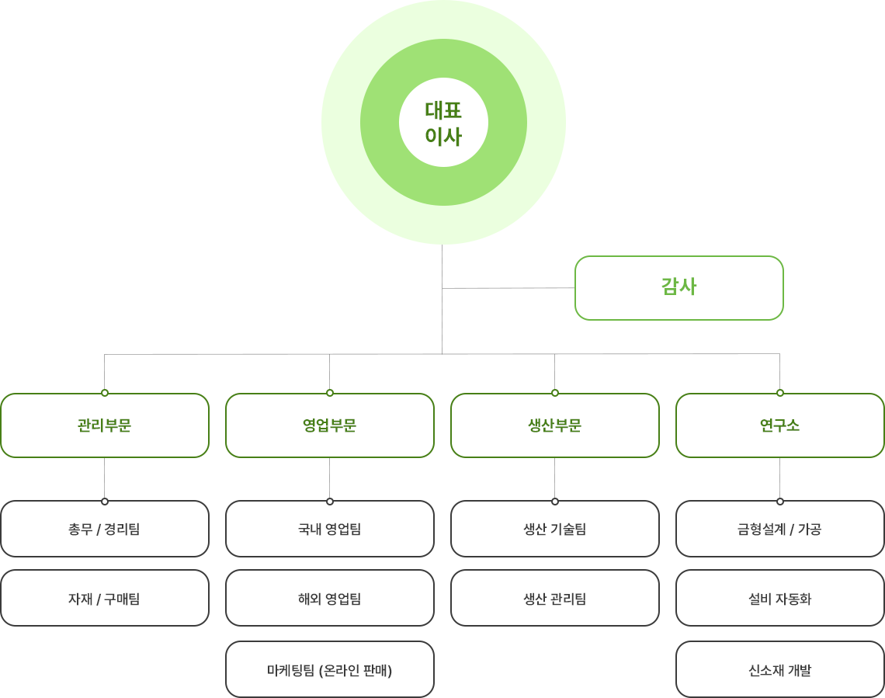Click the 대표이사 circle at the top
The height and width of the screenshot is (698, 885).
(443, 122)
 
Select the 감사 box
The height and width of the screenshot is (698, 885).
(679, 288)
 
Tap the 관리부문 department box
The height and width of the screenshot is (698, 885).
(105, 425)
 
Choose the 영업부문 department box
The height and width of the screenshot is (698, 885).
(330, 425)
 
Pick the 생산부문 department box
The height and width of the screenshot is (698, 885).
(555, 425)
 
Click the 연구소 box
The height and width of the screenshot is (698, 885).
(780, 425)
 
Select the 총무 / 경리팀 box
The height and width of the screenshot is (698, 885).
(105, 529)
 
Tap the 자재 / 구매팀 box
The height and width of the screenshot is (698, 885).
(105, 598)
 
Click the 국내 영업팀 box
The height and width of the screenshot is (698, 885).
(330, 529)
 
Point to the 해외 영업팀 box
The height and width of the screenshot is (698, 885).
(330, 598)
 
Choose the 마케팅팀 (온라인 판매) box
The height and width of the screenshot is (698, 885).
(330, 669)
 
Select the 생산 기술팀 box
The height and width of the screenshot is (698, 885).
(555, 529)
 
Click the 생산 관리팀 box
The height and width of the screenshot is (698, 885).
(555, 598)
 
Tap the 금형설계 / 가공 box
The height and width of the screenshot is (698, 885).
(780, 529)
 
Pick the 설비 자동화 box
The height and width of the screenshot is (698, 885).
(780, 598)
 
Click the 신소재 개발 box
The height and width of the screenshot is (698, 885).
(780, 669)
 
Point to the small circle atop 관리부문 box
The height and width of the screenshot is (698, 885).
(105, 393)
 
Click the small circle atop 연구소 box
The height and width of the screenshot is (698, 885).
(780, 393)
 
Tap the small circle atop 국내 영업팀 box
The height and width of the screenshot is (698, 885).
(330, 501)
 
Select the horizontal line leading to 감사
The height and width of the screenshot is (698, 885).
(508, 288)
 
